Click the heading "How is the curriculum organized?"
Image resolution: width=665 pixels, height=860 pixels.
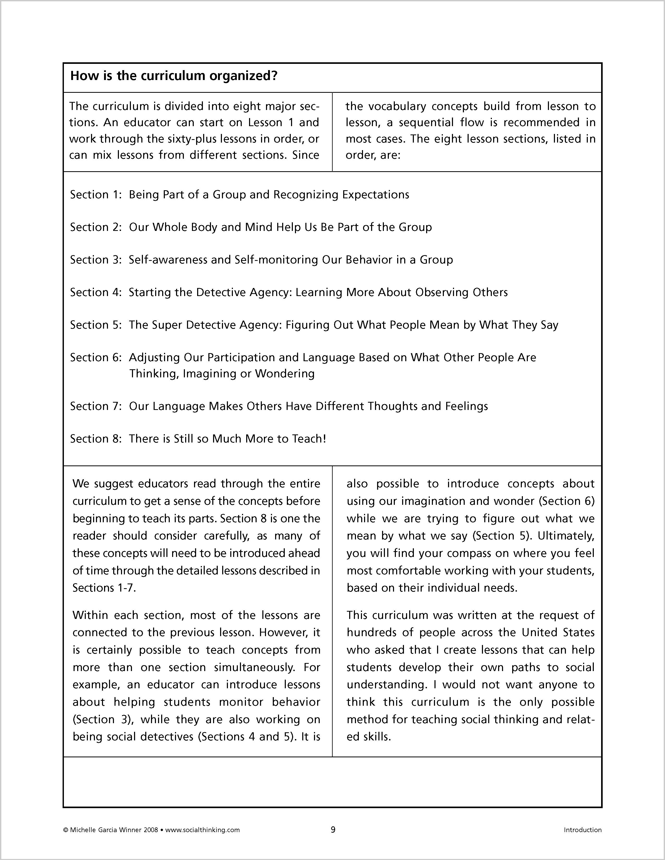[x=174, y=76]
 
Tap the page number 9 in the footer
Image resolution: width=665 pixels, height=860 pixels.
[x=333, y=830]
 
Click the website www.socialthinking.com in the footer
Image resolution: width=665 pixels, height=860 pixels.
[x=202, y=830]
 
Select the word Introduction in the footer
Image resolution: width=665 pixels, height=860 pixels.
[x=582, y=830]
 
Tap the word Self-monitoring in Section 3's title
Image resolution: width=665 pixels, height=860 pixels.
[x=276, y=260]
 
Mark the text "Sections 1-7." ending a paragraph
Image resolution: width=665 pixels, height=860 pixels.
[x=104, y=588]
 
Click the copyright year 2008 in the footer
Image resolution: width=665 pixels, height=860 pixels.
[x=151, y=830]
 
